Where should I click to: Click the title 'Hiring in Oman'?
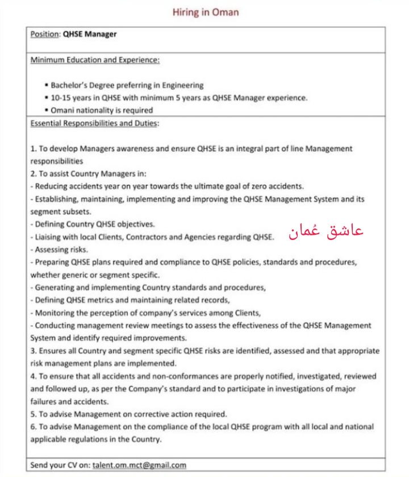click(x=206, y=12)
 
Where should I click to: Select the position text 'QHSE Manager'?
click(x=89, y=34)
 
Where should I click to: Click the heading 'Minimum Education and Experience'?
click(x=95, y=60)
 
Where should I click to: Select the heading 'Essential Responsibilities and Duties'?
click(x=94, y=123)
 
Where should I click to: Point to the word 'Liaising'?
click(x=50, y=237)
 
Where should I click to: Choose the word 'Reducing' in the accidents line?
click(x=52, y=186)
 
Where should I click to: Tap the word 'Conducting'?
click(x=55, y=325)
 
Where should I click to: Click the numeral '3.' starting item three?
click(x=34, y=351)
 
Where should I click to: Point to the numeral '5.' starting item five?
click(x=34, y=414)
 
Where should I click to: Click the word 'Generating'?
click(x=55, y=287)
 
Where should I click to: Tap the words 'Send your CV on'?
click(x=60, y=465)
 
